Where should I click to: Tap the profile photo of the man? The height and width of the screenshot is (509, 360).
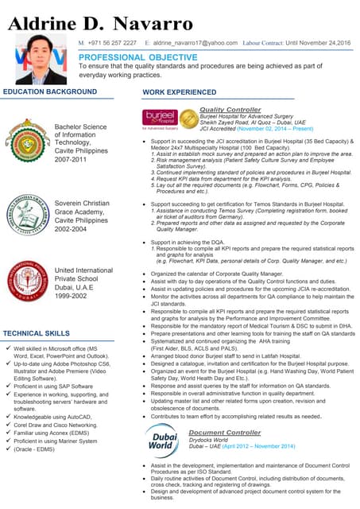pyautogui.click(x=41, y=59)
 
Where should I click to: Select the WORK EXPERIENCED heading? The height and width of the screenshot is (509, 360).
pyautogui.click(x=179, y=92)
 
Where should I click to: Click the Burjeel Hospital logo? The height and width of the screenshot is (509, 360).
pyautogui.click(x=160, y=119)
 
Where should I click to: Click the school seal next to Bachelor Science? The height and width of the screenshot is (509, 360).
pyautogui.click(x=27, y=140)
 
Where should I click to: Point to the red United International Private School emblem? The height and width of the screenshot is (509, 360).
pyautogui.click(x=27, y=281)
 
